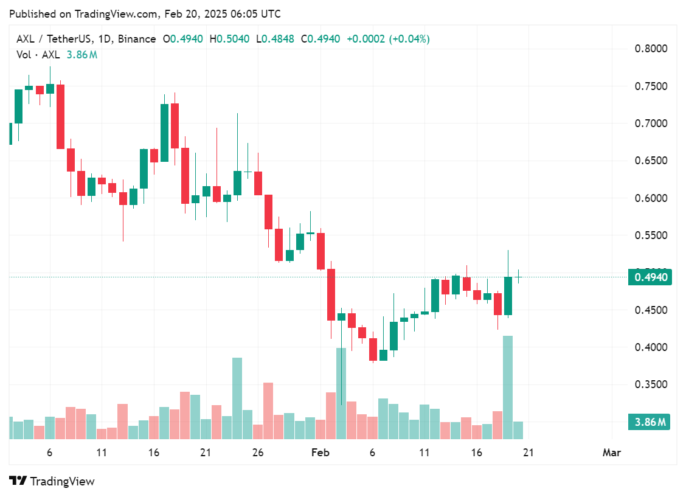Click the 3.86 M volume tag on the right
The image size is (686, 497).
click(x=650, y=422)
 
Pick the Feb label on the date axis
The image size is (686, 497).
click(x=320, y=453)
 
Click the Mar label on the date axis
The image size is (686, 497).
click(x=611, y=453)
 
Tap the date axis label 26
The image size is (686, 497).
click(x=258, y=453)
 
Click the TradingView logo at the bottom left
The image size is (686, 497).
click(x=52, y=481)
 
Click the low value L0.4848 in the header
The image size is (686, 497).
click(x=275, y=39)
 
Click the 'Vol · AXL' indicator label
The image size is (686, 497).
click(x=38, y=55)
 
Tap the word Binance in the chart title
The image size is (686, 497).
click(x=137, y=39)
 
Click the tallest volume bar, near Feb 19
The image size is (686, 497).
click(x=508, y=387)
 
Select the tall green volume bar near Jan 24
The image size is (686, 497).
click(x=237, y=398)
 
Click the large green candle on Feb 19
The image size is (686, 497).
click(x=508, y=296)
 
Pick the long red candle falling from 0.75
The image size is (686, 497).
click(x=60, y=116)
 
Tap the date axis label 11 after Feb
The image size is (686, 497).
click(x=424, y=453)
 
